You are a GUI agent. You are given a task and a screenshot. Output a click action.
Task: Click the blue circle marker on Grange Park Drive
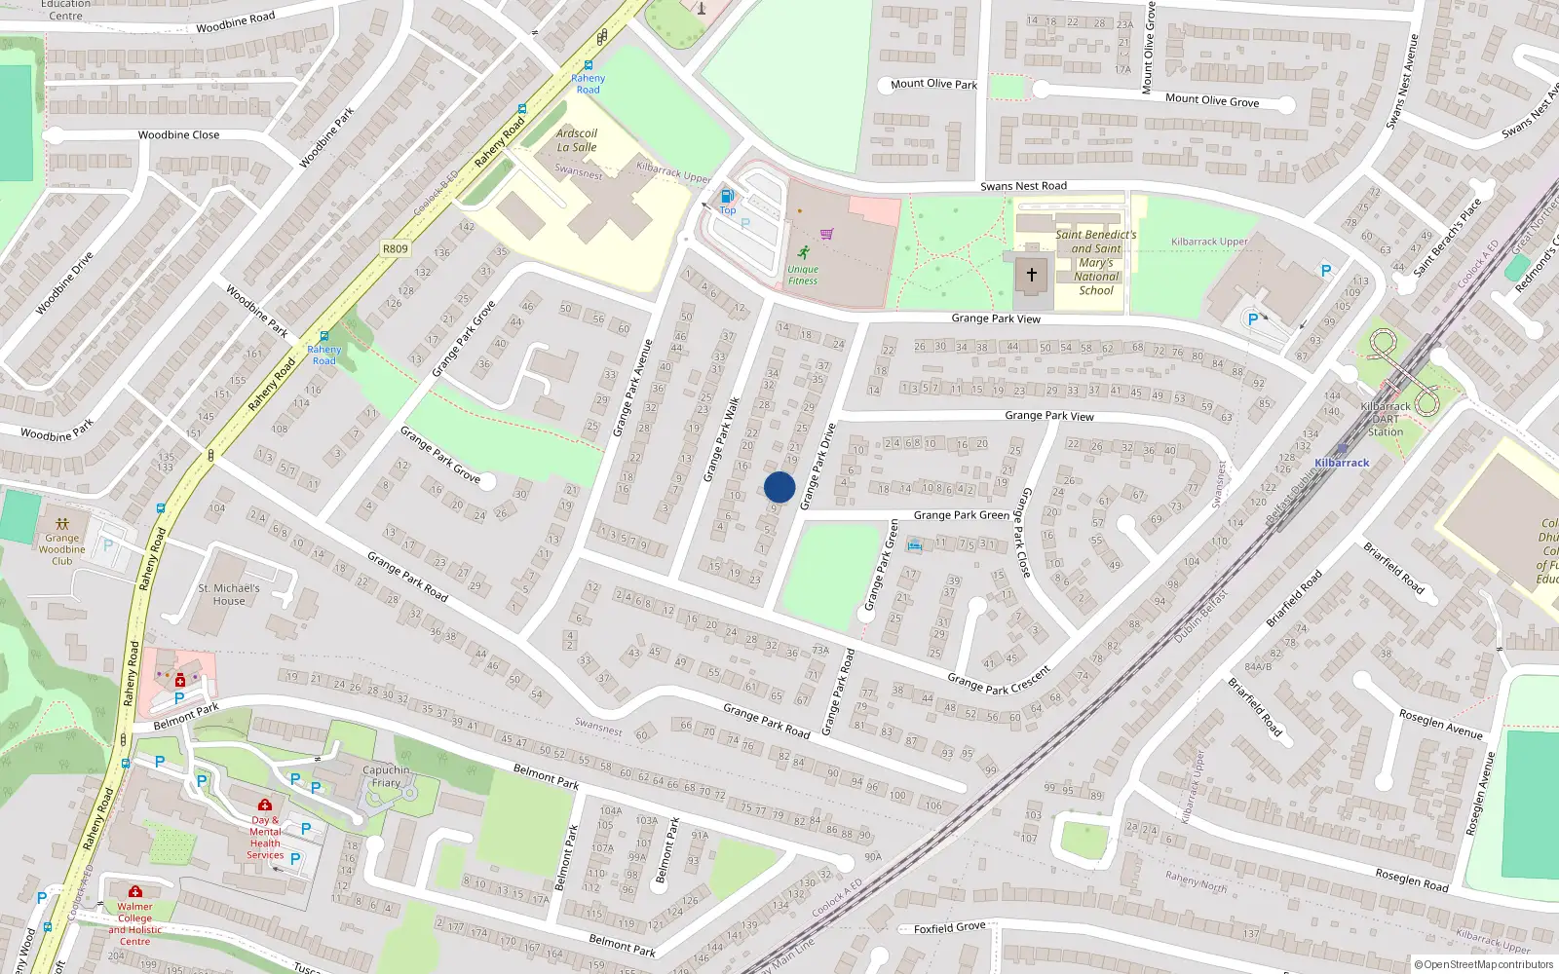point(779,487)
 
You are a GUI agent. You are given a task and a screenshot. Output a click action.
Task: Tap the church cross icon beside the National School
point(1032,276)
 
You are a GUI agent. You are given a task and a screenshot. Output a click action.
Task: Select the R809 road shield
point(396,248)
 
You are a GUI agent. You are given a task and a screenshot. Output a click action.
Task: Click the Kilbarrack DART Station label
point(1385,419)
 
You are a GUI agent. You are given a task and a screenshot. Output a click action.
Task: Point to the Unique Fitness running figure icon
point(803,253)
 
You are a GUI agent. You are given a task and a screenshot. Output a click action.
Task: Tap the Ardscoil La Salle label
point(577,140)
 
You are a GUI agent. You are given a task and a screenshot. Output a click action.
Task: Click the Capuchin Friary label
point(386,776)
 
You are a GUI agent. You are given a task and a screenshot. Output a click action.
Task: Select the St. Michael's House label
point(229,594)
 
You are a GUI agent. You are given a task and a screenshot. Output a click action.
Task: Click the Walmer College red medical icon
point(135,891)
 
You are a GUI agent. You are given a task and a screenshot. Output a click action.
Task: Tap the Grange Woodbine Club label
point(62,549)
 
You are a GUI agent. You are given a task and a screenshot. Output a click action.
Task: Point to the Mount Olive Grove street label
point(1212,100)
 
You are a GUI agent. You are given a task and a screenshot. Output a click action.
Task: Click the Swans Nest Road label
point(1023,186)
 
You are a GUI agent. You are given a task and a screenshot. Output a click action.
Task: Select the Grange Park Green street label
point(961,515)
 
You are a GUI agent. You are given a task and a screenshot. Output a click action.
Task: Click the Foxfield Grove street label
point(950,927)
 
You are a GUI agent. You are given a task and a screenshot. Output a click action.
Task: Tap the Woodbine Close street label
point(178,135)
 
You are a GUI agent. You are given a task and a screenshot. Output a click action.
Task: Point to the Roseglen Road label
point(1412,880)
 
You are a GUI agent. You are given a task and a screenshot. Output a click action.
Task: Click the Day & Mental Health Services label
point(265,838)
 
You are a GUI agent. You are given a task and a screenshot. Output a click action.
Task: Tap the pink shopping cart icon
point(827,234)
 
